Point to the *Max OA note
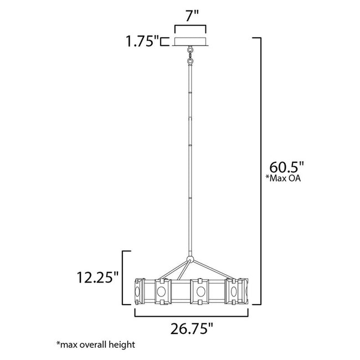[286, 178]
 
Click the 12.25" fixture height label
[97, 277]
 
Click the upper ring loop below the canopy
[190, 51]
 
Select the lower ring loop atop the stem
[190, 59]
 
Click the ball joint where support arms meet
[190, 259]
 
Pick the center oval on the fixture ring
[199, 291]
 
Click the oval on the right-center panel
[233, 291]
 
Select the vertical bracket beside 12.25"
[124, 277]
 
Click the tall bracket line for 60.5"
[260, 172]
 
